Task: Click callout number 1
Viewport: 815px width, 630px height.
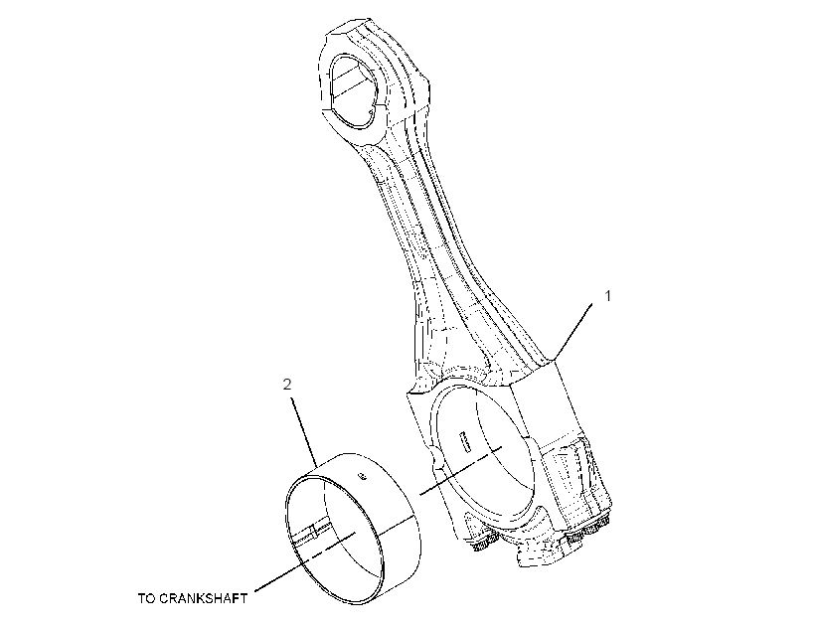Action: pos(607,296)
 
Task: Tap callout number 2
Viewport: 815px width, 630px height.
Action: pos(287,385)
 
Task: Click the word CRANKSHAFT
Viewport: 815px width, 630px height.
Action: pos(203,598)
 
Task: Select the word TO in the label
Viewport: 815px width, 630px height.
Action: pos(146,598)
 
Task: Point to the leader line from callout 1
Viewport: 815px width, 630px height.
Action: pos(573,332)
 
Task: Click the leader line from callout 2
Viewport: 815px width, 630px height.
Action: pos(305,432)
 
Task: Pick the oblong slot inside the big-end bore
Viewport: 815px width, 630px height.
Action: pos(463,440)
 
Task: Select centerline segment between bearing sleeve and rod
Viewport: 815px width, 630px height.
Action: pos(460,470)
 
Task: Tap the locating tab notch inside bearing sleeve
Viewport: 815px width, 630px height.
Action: pos(313,532)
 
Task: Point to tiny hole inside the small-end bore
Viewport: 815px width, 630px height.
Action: pos(371,110)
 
